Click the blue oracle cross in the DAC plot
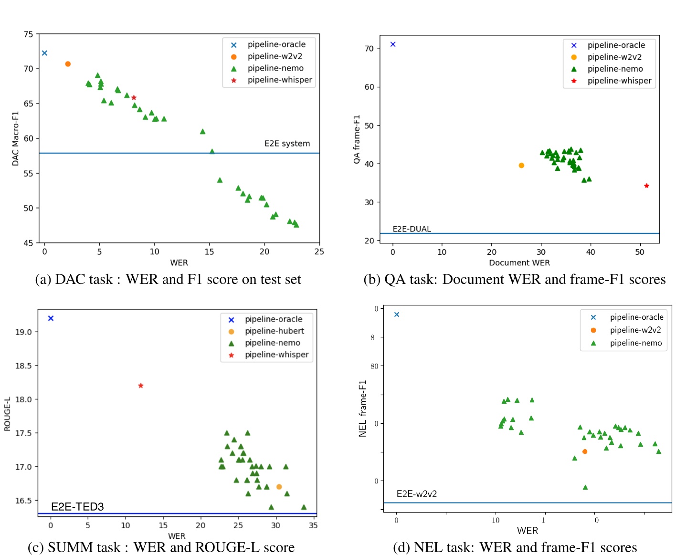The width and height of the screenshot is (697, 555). (44, 53)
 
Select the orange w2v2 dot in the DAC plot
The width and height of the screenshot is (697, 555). (68, 64)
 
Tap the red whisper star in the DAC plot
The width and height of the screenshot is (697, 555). (134, 98)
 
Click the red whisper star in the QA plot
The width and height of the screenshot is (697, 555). (646, 186)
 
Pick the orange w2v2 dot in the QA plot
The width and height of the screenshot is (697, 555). (521, 166)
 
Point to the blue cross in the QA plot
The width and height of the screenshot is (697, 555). (393, 44)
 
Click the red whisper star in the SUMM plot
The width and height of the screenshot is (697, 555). (141, 386)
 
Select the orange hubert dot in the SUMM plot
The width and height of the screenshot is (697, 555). (279, 487)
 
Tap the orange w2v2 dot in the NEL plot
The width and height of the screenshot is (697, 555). (585, 451)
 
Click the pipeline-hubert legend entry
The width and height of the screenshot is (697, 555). (274, 331)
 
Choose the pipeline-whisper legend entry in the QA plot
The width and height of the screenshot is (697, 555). (619, 81)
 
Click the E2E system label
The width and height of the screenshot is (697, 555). (287, 144)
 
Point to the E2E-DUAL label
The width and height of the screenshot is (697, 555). (412, 229)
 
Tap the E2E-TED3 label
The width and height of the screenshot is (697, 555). (77, 507)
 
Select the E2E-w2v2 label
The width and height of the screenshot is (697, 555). (416, 494)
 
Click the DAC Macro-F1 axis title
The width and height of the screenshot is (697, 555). (16, 138)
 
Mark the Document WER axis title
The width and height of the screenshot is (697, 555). (519, 263)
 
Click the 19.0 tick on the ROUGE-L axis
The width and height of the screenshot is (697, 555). (23, 332)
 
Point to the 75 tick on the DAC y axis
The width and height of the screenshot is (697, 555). (29, 34)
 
